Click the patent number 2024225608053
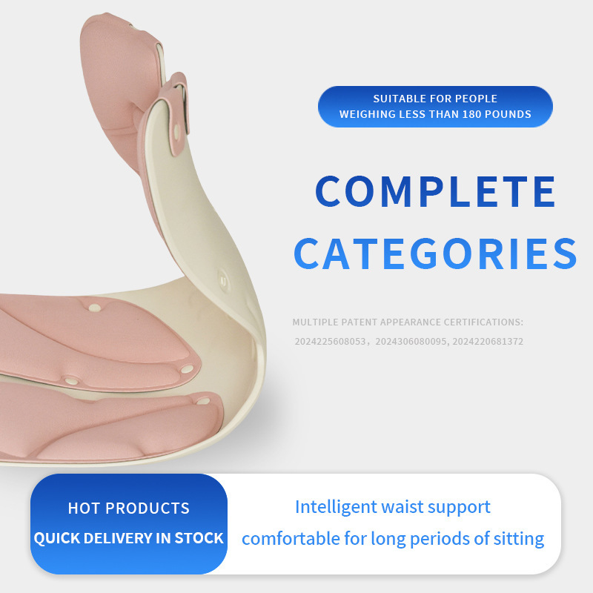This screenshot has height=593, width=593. coord(330,342)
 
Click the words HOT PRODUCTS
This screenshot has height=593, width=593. coord(129,508)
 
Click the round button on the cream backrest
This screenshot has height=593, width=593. coord(223,280)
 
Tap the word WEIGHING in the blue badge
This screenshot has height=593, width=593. coord(368,114)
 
